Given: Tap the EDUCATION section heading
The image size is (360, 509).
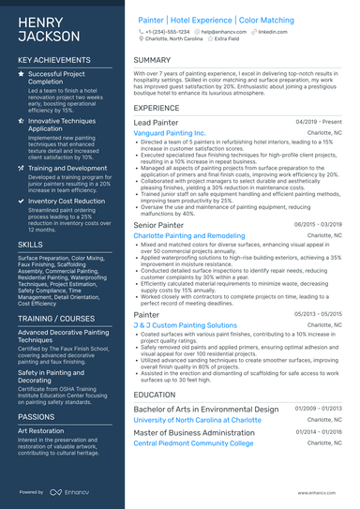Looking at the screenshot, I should (155, 395).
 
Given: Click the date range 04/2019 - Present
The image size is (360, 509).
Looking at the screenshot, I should (320, 123).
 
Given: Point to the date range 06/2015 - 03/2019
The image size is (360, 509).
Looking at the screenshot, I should (319, 225).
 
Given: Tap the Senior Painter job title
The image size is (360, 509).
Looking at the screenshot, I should (157, 225).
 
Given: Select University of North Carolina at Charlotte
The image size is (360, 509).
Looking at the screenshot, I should (197, 421).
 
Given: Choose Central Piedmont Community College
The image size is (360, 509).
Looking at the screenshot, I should (193, 442).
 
